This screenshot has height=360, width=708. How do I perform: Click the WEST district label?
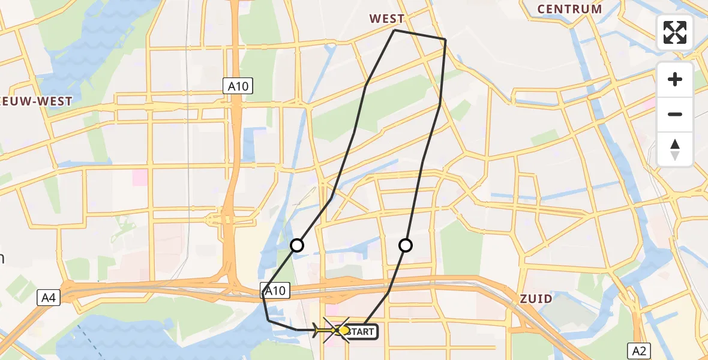pos(387,19)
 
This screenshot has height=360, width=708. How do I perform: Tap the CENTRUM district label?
pos(569,9)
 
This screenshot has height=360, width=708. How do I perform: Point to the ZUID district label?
pos(536,299)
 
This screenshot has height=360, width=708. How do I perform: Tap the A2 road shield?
pos(638,350)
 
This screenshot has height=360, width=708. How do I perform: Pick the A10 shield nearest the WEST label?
pos(238,86)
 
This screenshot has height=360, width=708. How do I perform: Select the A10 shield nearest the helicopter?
pos(276,292)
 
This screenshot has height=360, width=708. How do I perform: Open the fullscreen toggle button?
pos(675,32)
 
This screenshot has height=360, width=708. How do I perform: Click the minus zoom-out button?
pos(675,114)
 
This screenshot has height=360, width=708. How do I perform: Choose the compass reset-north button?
pos(675,149)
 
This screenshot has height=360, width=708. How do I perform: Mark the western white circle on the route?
pos(297,245)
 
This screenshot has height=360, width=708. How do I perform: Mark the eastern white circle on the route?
pos(406,245)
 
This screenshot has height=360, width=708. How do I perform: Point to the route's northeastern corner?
pos(445,40)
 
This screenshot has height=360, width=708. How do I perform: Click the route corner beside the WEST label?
pos(394,30)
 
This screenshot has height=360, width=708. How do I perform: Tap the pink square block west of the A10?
pos(140,177)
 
